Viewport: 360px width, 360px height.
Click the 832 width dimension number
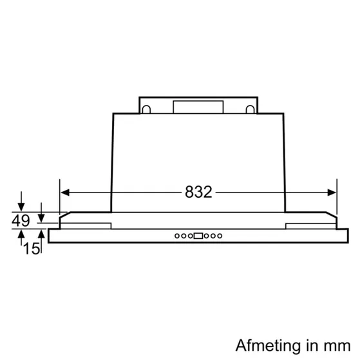pyautogui.click(x=198, y=192)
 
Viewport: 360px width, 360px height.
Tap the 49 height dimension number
pyautogui.click(x=21, y=221)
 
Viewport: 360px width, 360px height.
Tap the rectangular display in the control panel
pyautogui.click(x=198, y=236)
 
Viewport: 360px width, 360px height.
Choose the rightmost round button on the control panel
pyautogui.click(x=220, y=236)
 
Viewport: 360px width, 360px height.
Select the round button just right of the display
pyautogui.click(x=207, y=236)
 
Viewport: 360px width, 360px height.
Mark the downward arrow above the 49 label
pyautogui.click(x=21, y=205)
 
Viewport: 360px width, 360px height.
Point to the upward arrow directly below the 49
pyautogui.click(x=21, y=236)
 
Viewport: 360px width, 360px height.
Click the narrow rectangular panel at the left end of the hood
pyautogui.click(x=87, y=225)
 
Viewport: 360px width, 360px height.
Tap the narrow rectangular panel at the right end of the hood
pyautogui.click(x=308, y=225)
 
